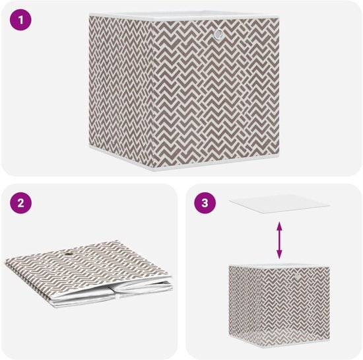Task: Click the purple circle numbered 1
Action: click(22, 20)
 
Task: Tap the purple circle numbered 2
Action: click(22, 203)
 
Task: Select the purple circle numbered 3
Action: click(205, 203)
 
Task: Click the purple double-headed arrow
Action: click(280, 240)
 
